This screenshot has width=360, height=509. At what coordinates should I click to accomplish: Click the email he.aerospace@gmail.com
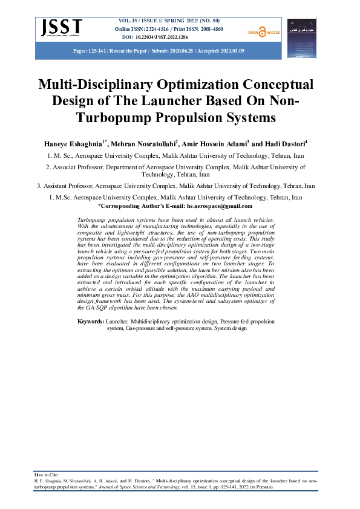click(224, 206)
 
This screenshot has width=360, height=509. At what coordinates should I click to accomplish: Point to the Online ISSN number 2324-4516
click(163, 29)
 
